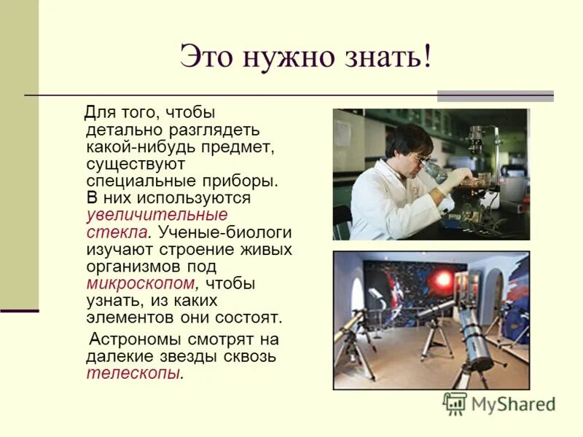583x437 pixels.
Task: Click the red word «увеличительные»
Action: click(157, 215)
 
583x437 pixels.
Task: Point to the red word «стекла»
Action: click(118, 232)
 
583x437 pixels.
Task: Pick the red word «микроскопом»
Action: click(141, 284)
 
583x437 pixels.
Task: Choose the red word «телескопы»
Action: click(133, 373)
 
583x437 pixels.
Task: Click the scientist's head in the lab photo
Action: click(408, 143)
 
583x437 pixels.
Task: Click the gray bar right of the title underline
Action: click(495, 95)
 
